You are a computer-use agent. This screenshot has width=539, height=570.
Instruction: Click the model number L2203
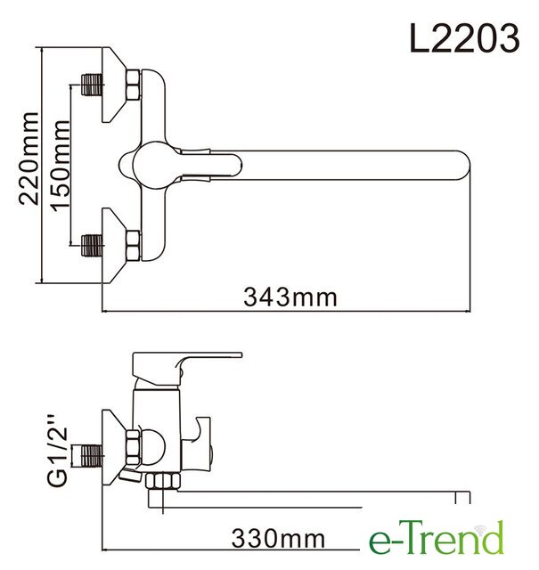[464, 37]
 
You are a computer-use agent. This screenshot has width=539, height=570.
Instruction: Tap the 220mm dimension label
[29, 159]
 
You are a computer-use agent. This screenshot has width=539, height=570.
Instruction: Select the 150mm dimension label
[60, 166]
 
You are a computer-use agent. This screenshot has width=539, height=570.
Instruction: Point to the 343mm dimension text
[290, 297]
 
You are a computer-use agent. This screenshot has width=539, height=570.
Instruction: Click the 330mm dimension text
[278, 538]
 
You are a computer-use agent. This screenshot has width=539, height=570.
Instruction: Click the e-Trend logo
[437, 537]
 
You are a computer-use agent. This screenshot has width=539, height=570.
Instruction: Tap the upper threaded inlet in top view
[91, 85]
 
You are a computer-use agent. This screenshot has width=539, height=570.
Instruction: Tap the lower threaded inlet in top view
[91, 246]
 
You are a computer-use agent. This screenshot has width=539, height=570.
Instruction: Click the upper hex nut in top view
[133, 85]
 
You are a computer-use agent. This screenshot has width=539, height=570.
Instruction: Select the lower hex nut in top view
[133, 246]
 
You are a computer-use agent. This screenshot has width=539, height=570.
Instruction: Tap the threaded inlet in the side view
[91, 456]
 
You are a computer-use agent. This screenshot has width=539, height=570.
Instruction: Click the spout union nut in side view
[162, 481]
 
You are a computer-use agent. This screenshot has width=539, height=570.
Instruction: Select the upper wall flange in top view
[113, 85]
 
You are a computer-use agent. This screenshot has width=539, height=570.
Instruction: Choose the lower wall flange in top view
[113, 246]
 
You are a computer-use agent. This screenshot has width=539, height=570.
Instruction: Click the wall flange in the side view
[113, 447]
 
